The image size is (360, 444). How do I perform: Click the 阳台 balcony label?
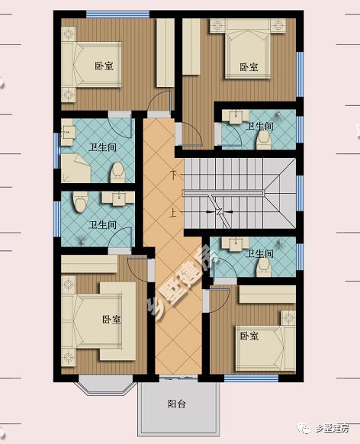point(177,404)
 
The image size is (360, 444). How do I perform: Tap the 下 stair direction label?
point(173,175)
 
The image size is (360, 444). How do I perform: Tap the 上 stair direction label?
point(173,212)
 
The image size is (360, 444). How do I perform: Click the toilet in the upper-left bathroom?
point(117,172)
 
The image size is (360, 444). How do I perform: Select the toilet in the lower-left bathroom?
point(79,201)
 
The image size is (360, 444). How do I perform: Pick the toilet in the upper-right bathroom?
point(264,140)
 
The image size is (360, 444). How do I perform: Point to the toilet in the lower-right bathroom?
point(263,267)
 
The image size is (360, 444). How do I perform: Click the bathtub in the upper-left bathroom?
point(76,168)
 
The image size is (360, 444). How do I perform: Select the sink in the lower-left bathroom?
point(118,198)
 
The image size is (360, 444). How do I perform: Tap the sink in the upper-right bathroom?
point(236,117)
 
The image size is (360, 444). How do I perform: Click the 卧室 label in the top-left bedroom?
point(104,66)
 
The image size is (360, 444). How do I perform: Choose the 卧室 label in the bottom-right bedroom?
point(249,336)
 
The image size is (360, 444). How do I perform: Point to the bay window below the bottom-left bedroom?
point(105,385)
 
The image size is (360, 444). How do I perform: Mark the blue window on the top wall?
point(117,14)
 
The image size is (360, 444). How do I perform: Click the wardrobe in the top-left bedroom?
point(166,53)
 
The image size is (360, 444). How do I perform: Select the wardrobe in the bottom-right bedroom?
point(268,294)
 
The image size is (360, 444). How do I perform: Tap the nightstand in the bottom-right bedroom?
point(288,317)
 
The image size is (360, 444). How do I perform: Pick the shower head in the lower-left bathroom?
point(82,241)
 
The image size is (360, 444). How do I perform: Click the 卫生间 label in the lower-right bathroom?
point(261,253)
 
